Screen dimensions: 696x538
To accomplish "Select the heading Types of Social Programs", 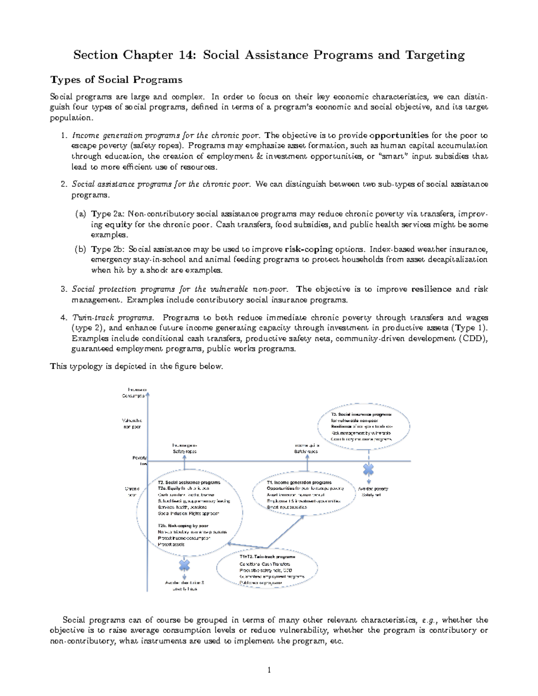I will (x=117, y=80).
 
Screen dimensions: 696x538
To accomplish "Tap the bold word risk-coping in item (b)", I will (x=304, y=249).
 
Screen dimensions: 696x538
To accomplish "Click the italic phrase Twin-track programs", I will (x=113, y=318).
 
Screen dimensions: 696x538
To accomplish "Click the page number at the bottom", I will (x=269, y=670).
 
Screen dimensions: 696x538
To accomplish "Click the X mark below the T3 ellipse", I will (x=368, y=469).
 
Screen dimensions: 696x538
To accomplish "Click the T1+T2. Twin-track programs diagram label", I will (x=261, y=557).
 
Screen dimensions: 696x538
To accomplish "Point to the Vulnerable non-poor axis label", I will (x=132, y=424).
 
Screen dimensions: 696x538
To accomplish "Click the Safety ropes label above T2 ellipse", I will (x=185, y=451).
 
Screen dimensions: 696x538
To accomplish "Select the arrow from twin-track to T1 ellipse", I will (x=287, y=531).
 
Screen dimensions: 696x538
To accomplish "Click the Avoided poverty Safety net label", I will (x=373, y=492).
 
